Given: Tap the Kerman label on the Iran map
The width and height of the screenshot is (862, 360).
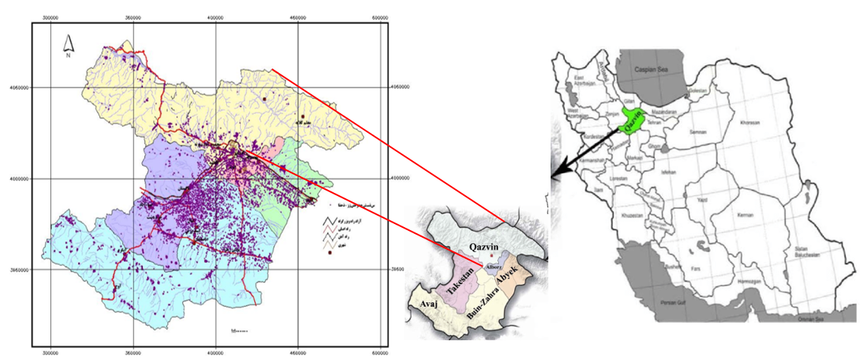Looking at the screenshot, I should pos(745,215).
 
